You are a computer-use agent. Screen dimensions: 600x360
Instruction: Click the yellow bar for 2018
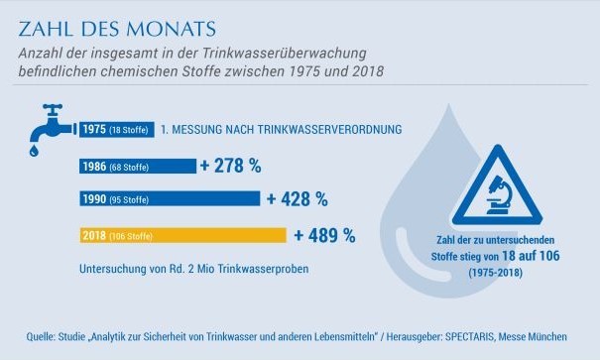pyautogui.click(x=183, y=235)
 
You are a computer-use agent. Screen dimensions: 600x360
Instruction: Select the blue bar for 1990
pyautogui.click(x=170, y=199)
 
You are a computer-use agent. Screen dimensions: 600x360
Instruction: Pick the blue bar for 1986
pyautogui.click(x=138, y=167)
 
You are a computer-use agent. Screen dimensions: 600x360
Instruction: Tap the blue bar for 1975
pyautogui.click(x=117, y=129)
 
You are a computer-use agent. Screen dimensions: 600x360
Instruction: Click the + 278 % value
pyautogui.click(x=231, y=166)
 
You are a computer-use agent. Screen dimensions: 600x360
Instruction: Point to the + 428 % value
pyautogui.click(x=298, y=199)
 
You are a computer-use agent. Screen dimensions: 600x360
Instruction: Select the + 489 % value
pyautogui.click(x=325, y=235)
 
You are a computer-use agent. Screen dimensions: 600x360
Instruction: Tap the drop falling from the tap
pyautogui.click(x=34, y=151)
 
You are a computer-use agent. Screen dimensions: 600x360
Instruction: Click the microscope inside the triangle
pyautogui.click(x=498, y=194)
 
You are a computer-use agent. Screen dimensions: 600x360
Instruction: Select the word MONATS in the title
pyautogui.click(x=171, y=29)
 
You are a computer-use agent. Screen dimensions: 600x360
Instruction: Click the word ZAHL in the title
pyautogui.click(x=46, y=29)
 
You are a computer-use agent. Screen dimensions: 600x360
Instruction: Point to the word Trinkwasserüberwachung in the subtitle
pyautogui.click(x=284, y=54)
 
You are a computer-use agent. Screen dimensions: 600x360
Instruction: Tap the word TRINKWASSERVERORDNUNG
pyautogui.click(x=329, y=129)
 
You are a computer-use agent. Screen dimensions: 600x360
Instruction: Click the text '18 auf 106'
pyautogui.click(x=531, y=256)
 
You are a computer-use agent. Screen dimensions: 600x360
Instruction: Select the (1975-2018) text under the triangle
pyautogui.click(x=496, y=273)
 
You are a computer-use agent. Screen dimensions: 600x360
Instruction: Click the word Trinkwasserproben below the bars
pyautogui.click(x=263, y=269)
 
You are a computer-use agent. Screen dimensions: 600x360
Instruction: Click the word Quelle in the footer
pyautogui.click(x=41, y=336)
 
